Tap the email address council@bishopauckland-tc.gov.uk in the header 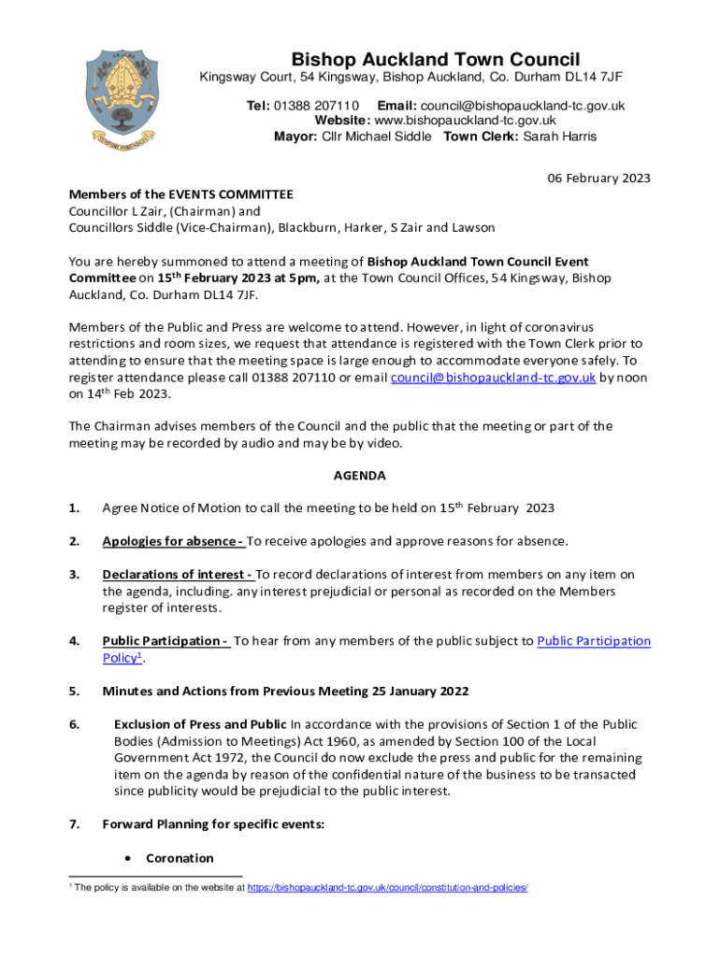[x=522, y=106]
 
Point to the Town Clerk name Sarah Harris [x=559, y=136]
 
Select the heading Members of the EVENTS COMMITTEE [x=180, y=194]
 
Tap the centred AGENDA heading [x=359, y=475]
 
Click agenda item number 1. [x=74, y=508]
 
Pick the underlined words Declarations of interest [x=178, y=574]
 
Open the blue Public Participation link [x=594, y=641]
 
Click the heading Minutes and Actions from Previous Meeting [x=285, y=691]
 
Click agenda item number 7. [x=74, y=824]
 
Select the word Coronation [x=180, y=858]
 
